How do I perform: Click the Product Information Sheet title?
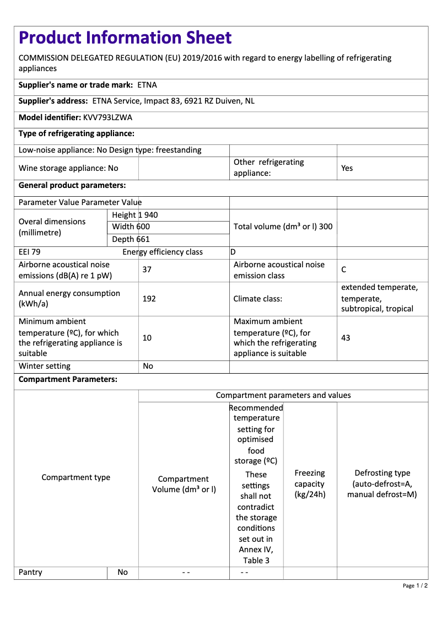[x=125, y=37]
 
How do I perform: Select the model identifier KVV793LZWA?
[x=107, y=117]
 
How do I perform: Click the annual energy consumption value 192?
[x=149, y=299]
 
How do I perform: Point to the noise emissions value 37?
[x=147, y=270]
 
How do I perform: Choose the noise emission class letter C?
[x=344, y=270]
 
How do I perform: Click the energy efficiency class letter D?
[x=233, y=252]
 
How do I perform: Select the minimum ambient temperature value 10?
[x=147, y=337]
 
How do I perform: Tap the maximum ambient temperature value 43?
[x=346, y=337]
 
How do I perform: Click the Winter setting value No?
[x=148, y=366]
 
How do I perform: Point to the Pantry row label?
[x=30, y=572]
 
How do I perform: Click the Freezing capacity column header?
[x=310, y=483]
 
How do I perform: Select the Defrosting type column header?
[x=382, y=483]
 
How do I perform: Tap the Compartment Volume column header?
[x=184, y=484]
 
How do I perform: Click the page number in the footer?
[x=415, y=585]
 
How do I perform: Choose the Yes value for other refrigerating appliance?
[x=347, y=168]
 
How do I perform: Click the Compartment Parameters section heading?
[x=68, y=379]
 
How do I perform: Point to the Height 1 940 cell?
[x=134, y=215]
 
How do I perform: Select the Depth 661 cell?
[x=131, y=239]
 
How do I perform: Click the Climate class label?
[x=258, y=299]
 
